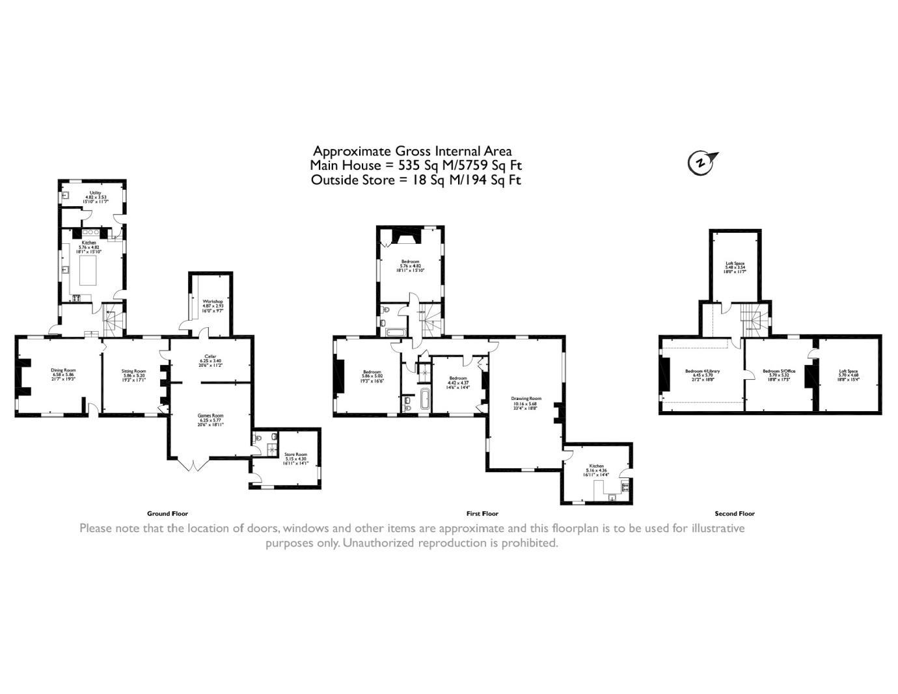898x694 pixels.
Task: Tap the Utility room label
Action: (x=94, y=193)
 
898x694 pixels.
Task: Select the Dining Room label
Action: (x=64, y=370)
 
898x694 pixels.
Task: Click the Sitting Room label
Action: (x=134, y=371)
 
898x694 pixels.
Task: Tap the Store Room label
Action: (x=295, y=455)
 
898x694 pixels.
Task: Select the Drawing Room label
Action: (x=526, y=399)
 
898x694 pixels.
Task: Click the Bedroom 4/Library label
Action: (x=702, y=371)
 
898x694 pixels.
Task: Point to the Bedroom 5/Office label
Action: (x=779, y=371)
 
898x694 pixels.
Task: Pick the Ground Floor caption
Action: (x=167, y=514)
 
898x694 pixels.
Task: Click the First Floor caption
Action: (x=482, y=514)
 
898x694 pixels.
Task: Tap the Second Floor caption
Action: (x=735, y=514)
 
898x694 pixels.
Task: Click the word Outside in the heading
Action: (x=334, y=180)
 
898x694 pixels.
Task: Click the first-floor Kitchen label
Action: (x=596, y=466)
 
